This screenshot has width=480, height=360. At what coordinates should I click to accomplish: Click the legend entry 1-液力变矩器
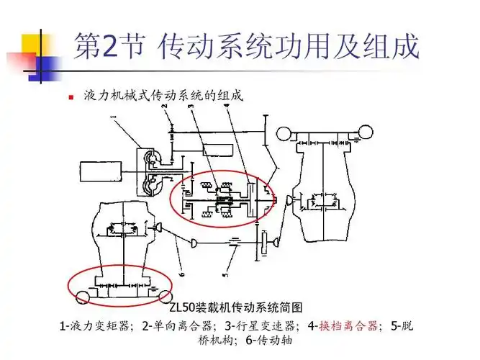[x=98, y=325]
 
